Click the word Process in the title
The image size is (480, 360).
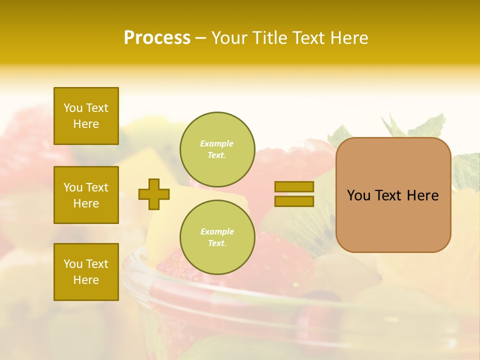[x=157, y=38]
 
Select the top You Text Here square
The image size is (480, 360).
[x=86, y=116]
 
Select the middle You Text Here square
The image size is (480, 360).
[x=86, y=195]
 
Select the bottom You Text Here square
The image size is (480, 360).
[x=86, y=272]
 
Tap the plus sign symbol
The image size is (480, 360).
[x=154, y=194]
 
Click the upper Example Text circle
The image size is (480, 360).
[x=217, y=149]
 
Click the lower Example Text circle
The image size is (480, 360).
[x=217, y=237]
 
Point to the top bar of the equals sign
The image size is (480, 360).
[x=294, y=186]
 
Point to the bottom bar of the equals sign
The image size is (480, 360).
[x=294, y=201]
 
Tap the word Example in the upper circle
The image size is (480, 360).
[x=217, y=143]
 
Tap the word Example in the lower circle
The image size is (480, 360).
[x=217, y=231]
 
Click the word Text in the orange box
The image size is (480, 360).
[x=388, y=195]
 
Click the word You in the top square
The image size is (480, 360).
[x=73, y=108]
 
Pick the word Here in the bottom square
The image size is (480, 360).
[x=86, y=280]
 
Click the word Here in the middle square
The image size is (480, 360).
[x=86, y=203]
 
